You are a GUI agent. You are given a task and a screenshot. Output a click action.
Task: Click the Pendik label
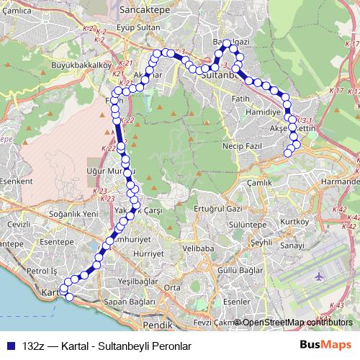tap(158, 315)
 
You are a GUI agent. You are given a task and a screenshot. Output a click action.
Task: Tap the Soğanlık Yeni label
tap(73, 214)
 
